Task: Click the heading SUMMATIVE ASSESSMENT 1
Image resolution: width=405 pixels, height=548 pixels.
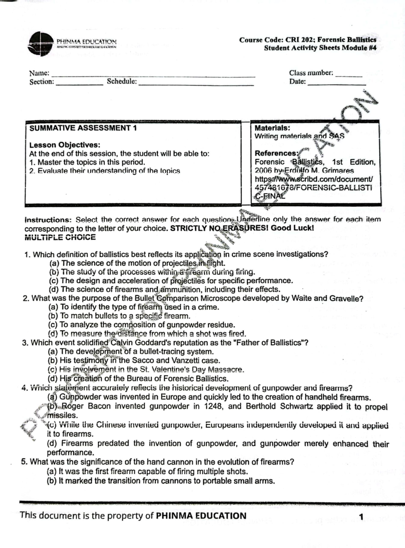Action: click(x=83, y=128)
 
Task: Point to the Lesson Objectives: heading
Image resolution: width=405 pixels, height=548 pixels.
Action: click(x=65, y=145)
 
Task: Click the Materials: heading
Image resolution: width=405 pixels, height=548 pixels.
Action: click(x=272, y=128)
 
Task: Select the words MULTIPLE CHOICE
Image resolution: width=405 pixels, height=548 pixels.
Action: click(x=60, y=238)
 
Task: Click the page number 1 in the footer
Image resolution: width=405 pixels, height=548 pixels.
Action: click(x=361, y=517)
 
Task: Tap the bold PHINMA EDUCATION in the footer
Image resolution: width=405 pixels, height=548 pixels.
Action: click(x=201, y=516)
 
